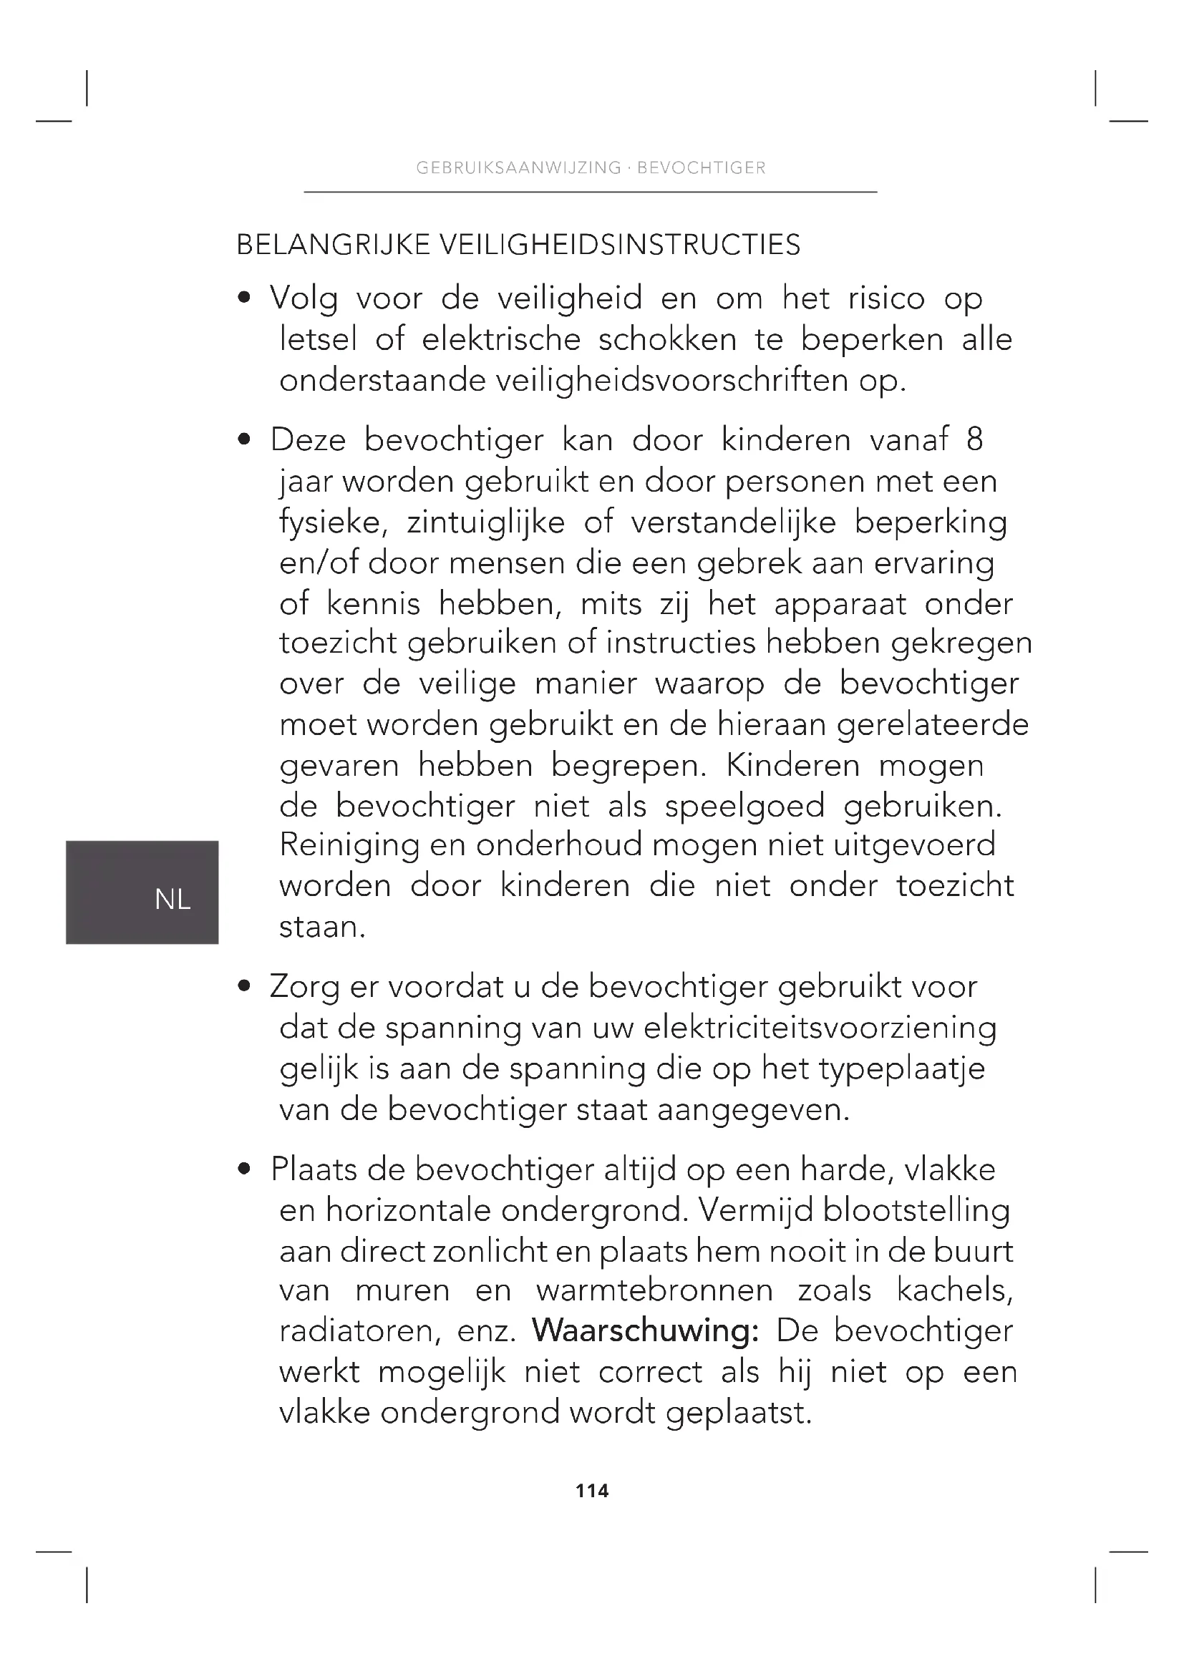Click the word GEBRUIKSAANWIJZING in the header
tap(518, 167)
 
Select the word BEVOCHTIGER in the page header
tap(702, 167)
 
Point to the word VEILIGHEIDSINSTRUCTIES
tap(619, 245)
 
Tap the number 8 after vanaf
tap(974, 439)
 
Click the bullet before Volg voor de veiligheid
tap(245, 298)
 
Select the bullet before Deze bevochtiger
tap(245, 439)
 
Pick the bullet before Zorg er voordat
tap(245, 986)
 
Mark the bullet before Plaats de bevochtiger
tap(245, 1169)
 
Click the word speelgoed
tap(744, 807)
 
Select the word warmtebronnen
tap(654, 1290)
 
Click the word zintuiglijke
tap(485, 522)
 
